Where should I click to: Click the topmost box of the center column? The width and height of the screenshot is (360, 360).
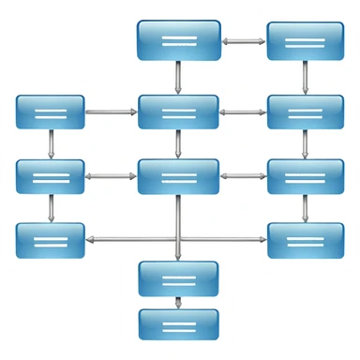pyautogui.click(x=178, y=40)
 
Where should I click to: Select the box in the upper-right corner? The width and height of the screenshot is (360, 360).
pyautogui.click(x=304, y=40)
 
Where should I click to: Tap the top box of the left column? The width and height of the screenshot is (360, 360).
pyautogui.click(x=51, y=112)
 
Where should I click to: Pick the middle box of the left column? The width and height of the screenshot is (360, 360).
pyautogui.click(x=51, y=175)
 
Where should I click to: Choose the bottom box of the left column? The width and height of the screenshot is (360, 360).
pyautogui.click(x=51, y=240)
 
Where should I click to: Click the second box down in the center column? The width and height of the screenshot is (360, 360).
pyautogui.click(x=178, y=112)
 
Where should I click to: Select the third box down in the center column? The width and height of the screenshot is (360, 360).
pyautogui.click(x=178, y=175)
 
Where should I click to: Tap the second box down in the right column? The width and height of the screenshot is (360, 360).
pyautogui.click(x=304, y=112)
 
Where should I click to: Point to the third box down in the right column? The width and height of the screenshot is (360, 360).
pyautogui.click(x=304, y=175)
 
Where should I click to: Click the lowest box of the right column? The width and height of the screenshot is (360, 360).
pyautogui.click(x=304, y=240)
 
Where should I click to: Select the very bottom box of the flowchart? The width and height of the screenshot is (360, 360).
pyautogui.click(x=178, y=323)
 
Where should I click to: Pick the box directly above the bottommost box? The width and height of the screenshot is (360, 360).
pyautogui.click(x=178, y=278)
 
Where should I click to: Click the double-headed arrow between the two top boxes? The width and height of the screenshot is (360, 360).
pyautogui.click(x=244, y=41)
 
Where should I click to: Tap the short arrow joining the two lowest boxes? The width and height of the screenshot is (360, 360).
pyautogui.click(x=178, y=302)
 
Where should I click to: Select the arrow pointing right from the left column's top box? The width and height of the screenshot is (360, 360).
pyautogui.click(x=111, y=112)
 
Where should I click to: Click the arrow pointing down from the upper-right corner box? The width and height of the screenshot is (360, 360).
pyautogui.click(x=304, y=77)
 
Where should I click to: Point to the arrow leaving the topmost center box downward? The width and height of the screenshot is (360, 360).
pyautogui.click(x=178, y=77)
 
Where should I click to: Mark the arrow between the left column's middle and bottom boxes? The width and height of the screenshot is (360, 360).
pyautogui.click(x=51, y=208)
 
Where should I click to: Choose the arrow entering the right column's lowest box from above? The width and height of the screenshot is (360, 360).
pyautogui.click(x=304, y=208)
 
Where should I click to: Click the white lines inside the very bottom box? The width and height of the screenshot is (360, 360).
pyautogui.click(x=178, y=324)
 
